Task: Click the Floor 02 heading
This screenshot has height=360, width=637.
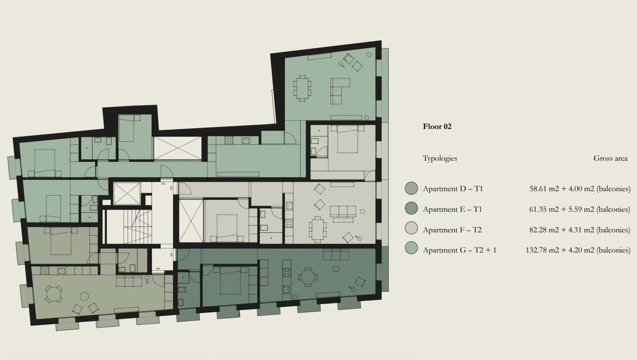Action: coord(437,126)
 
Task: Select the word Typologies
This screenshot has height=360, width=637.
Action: coord(440,158)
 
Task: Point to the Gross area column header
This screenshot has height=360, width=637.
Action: coord(610,158)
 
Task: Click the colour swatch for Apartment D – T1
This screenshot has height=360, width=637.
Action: coord(412,189)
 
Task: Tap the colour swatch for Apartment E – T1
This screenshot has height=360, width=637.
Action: coord(412,209)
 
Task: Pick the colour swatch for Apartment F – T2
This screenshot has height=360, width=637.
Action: coord(412,230)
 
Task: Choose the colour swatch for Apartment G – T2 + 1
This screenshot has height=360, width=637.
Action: coord(412,250)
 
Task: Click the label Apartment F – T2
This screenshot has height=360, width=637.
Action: coord(452,230)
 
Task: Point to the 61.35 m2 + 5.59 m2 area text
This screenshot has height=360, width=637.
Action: coord(580,210)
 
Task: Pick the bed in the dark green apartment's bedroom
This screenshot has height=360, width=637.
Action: coord(229,282)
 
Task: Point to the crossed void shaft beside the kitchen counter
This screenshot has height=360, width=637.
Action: coord(177,148)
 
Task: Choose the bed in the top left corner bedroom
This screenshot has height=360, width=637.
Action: coord(45,162)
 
